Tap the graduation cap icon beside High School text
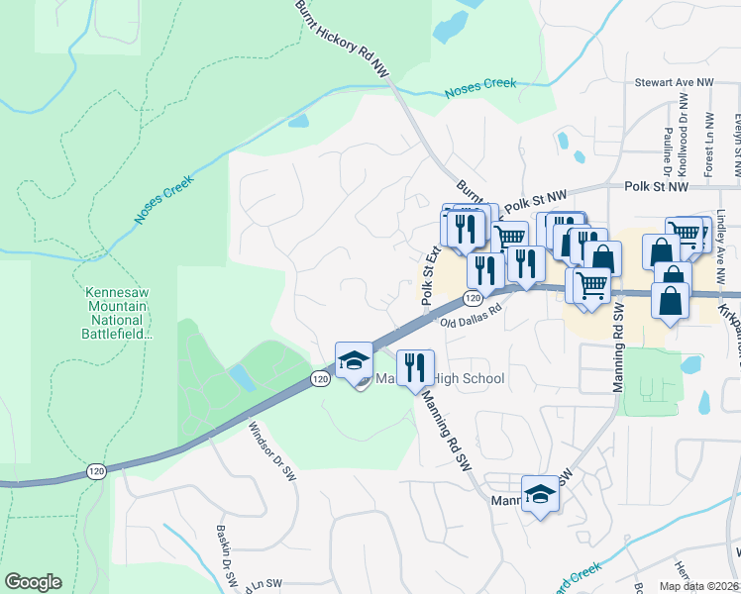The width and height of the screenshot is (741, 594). [353, 362]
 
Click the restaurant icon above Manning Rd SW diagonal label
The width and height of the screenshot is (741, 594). [414, 367]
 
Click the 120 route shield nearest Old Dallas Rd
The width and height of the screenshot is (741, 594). [473, 298]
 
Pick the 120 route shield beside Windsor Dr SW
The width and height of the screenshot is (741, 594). [319, 379]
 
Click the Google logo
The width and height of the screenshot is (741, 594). [33, 582]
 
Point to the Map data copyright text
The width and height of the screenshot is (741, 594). [697, 586]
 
